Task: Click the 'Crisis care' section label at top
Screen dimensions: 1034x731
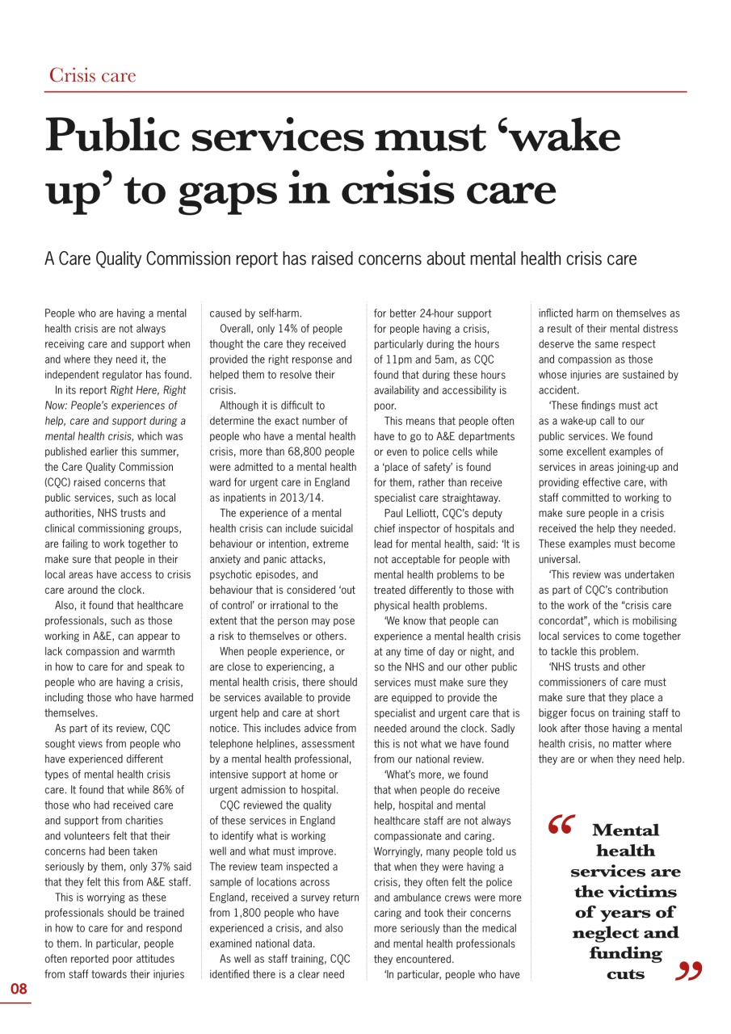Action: click(92, 76)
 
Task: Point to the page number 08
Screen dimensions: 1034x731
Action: click(19, 989)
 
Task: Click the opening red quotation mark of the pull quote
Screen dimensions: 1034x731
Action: click(559, 824)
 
